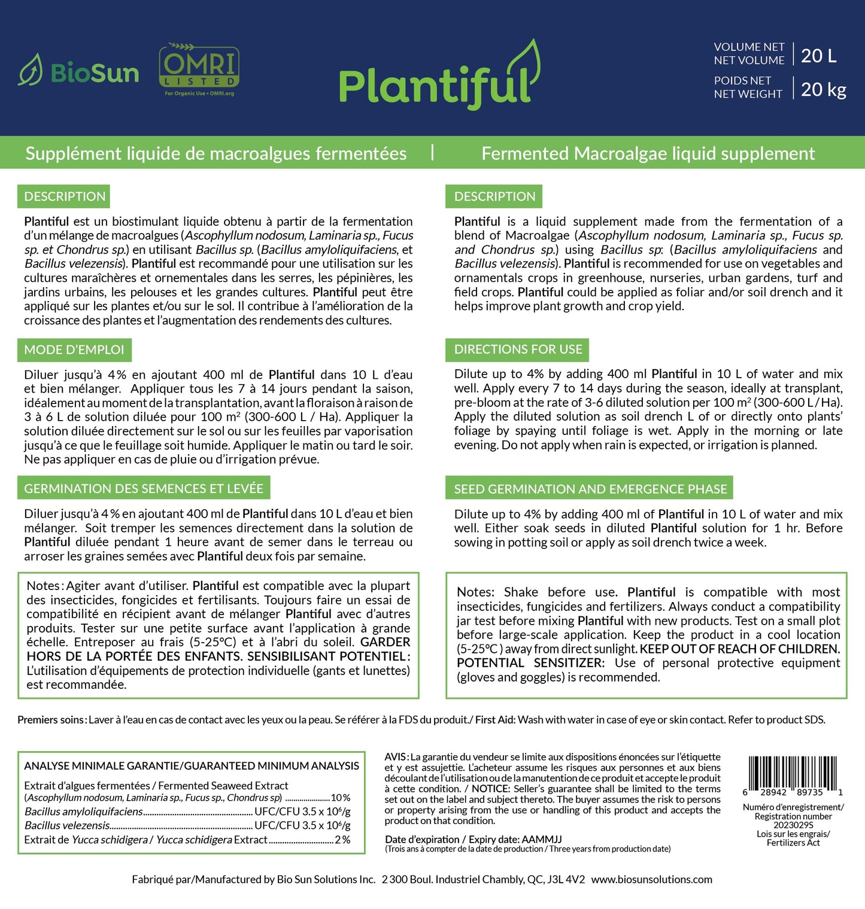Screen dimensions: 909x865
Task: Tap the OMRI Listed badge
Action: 199,69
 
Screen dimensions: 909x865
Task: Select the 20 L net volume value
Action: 818,56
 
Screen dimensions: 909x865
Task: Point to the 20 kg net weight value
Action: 823,90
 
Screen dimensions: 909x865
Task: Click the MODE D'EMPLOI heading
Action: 74,349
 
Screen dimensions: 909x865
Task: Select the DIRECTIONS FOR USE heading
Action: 518,349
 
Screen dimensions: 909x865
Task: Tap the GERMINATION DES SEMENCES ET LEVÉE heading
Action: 144,488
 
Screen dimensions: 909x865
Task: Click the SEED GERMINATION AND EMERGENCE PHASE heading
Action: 590,489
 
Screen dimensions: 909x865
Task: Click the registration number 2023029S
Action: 793,825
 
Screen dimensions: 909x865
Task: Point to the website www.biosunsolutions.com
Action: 652,879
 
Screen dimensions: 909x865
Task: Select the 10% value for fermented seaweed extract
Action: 340,798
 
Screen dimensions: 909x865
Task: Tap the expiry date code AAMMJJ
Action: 542,839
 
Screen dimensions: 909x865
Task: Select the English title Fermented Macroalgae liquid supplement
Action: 648,154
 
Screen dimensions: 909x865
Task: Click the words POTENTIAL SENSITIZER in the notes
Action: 530,663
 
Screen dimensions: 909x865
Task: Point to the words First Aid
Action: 495,720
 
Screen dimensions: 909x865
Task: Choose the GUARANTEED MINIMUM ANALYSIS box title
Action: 192,766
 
